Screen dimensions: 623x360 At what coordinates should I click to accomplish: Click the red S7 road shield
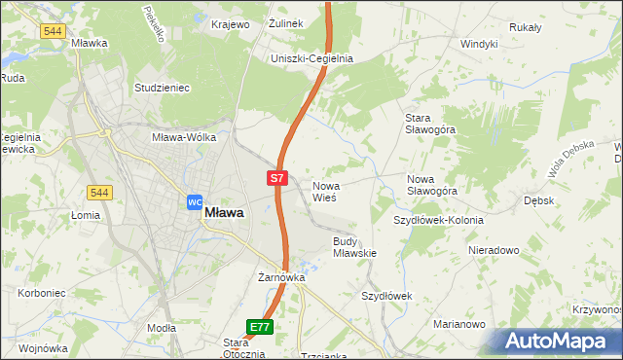277,178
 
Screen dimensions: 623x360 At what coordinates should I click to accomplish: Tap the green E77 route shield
259,328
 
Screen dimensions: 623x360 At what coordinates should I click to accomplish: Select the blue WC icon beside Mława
193,201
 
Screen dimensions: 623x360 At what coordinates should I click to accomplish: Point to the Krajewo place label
229,24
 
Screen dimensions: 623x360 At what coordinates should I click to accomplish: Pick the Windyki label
479,44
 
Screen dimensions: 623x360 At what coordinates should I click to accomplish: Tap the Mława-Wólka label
182,138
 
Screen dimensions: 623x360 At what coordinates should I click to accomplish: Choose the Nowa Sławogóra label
431,185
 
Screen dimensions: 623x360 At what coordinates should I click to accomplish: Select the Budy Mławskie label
354,246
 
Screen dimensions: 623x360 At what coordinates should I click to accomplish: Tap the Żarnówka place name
281,277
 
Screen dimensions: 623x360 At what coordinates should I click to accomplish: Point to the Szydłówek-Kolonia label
438,220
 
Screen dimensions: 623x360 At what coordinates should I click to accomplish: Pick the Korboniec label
41,292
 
